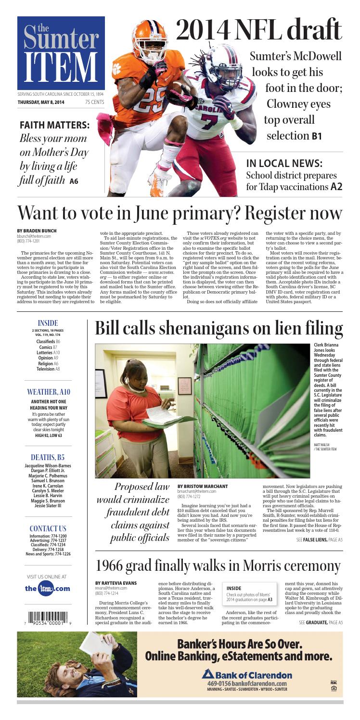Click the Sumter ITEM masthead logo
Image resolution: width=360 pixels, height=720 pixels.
61,53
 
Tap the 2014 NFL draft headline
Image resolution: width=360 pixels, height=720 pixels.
258,29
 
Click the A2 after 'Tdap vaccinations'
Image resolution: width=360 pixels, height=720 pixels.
335,186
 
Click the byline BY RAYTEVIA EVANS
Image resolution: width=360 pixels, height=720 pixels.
116,583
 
